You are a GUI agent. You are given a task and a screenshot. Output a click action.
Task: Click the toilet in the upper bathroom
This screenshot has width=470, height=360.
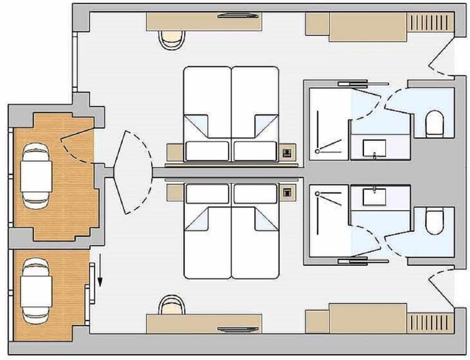[x=434, y=123]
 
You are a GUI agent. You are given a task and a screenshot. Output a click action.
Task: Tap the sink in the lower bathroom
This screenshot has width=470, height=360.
[x=374, y=197]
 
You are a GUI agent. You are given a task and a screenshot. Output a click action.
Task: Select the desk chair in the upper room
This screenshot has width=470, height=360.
[x=172, y=39]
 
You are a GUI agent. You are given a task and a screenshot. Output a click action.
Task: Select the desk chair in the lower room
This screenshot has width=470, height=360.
[x=171, y=305]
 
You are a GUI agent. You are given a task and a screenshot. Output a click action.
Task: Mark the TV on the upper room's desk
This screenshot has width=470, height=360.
[x=238, y=16]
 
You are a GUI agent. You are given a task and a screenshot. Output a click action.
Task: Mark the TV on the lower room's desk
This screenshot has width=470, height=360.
[x=238, y=329]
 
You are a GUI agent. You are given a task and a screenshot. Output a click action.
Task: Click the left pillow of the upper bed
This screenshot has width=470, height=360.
[x=207, y=151]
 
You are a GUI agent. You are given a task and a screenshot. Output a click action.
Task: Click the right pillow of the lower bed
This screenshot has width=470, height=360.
[x=255, y=194]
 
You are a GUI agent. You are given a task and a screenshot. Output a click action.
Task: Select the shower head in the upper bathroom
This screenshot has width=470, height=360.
[x=318, y=151]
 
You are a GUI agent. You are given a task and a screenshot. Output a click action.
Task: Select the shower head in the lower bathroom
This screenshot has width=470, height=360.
[x=318, y=193]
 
